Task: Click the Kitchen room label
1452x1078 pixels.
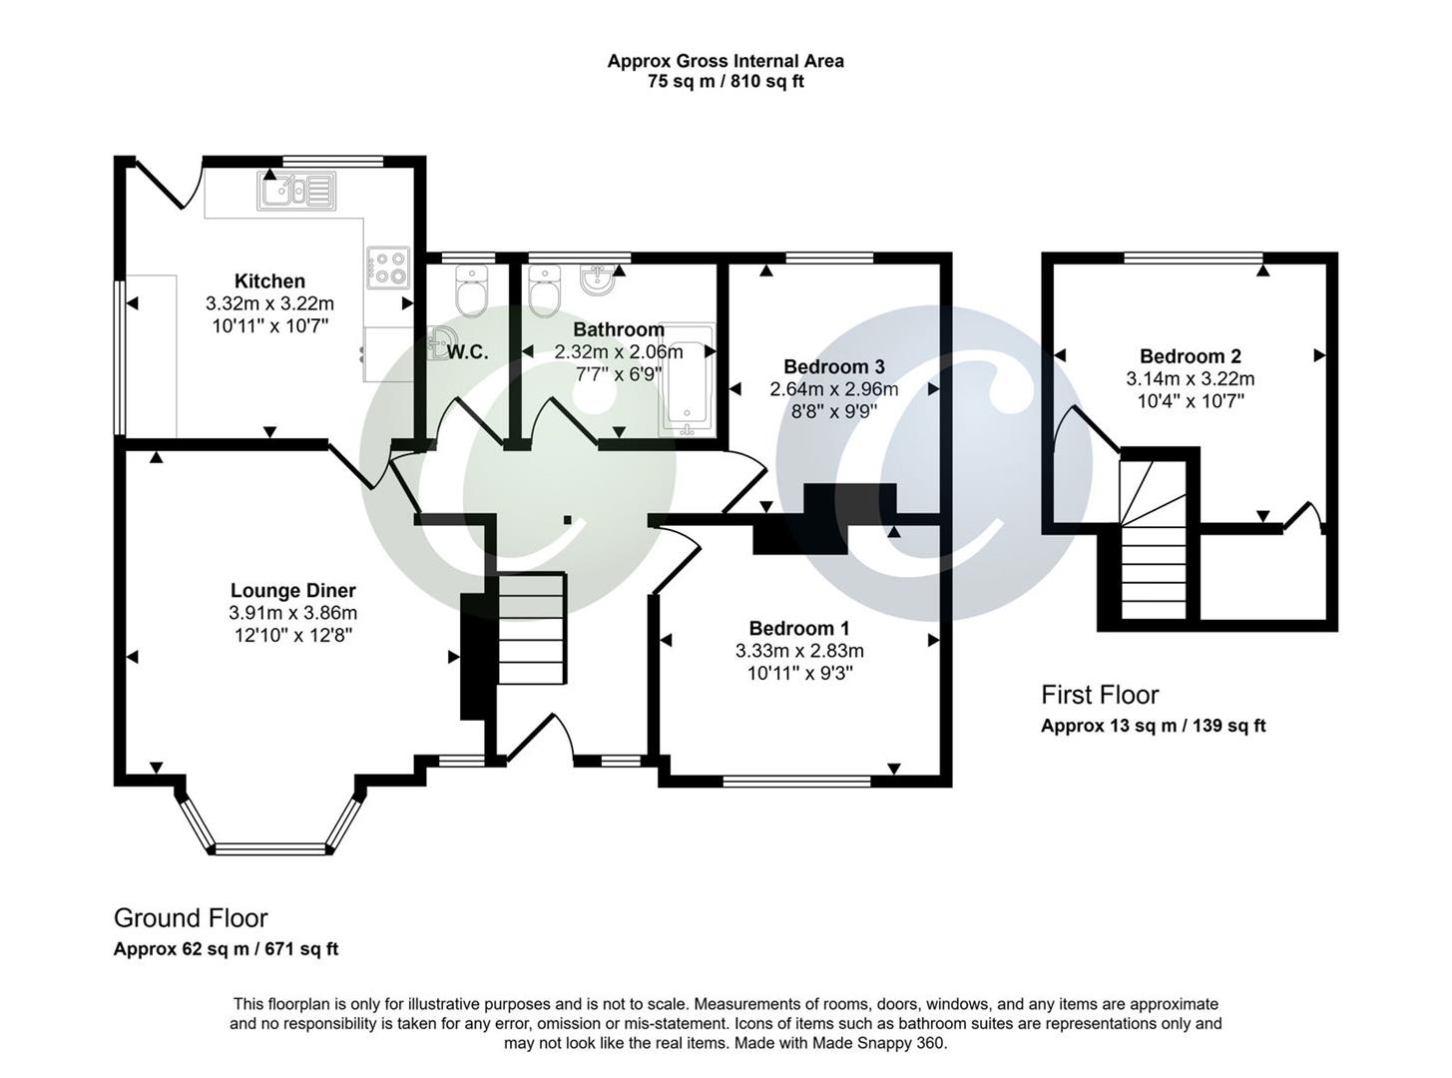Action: click(x=269, y=281)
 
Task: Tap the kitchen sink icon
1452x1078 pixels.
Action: click(x=295, y=191)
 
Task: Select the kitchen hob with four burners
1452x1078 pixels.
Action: click(x=388, y=267)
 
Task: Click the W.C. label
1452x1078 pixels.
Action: click(x=467, y=352)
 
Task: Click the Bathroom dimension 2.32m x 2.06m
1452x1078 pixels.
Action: click(x=619, y=352)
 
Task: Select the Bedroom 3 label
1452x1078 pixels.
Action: click(x=833, y=366)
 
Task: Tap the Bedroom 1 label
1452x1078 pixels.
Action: click(x=799, y=628)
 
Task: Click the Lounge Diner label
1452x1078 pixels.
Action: click(x=292, y=591)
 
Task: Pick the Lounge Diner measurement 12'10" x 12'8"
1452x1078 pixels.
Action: click(x=292, y=635)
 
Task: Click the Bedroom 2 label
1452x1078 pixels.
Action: click(x=1191, y=356)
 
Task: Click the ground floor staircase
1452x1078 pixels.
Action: click(x=532, y=629)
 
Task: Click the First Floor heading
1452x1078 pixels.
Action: click(x=1100, y=695)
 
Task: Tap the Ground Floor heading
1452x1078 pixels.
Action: click(x=191, y=918)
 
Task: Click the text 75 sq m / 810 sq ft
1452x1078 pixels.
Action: click(x=726, y=82)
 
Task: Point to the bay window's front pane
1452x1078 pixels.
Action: click(x=271, y=849)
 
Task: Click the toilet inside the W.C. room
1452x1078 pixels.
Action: click(x=469, y=291)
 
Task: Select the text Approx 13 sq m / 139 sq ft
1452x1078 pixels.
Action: click(x=1153, y=726)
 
